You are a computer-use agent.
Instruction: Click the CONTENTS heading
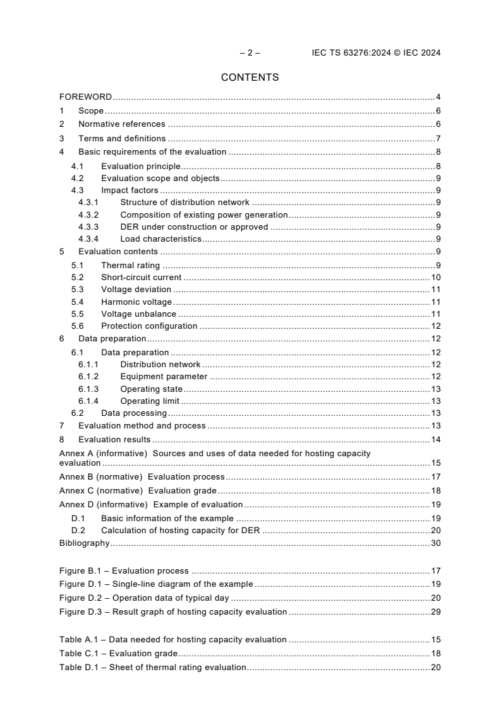(x=250, y=78)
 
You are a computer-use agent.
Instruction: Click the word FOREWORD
(x=85, y=97)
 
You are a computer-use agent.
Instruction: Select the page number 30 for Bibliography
(x=435, y=543)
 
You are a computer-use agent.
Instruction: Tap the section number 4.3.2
(x=88, y=215)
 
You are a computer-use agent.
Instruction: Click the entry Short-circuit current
(x=141, y=277)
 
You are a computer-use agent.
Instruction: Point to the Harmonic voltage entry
(x=136, y=302)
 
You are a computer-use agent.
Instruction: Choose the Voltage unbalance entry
(x=138, y=314)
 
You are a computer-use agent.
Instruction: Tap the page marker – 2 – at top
(x=250, y=53)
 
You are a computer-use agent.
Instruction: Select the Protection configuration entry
(x=149, y=326)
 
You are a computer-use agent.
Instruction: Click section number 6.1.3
(x=88, y=389)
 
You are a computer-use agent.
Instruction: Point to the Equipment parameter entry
(x=164, y=377)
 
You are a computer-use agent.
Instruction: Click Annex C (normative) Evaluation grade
(x=138, y=491)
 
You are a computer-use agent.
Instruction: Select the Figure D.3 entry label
(x=173, y=611)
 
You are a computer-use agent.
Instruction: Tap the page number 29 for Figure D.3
(x=435, y=611)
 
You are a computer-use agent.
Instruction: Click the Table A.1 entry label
(x=172, y=639)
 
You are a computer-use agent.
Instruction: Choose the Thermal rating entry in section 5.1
(x=130, y=265)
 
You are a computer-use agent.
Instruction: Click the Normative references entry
(x=121, y=124)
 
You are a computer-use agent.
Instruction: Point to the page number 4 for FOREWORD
(x=438, y=97)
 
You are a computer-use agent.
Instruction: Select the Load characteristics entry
(x=160, y=239)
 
